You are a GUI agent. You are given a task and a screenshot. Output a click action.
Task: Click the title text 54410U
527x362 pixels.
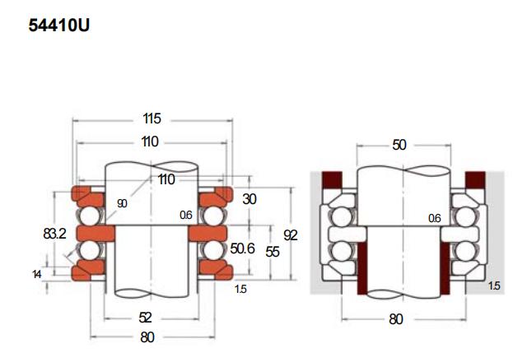(58, 26)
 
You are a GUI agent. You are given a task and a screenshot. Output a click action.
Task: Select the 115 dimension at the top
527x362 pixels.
(150, 118)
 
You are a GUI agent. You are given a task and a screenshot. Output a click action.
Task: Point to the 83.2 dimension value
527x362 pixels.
(55, 234)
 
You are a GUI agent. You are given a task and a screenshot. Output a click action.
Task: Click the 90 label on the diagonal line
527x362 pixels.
(122, 203)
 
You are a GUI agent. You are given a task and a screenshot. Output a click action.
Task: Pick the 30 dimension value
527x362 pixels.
(250, 199)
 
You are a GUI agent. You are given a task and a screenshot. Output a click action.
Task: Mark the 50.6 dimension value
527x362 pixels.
(241, 248)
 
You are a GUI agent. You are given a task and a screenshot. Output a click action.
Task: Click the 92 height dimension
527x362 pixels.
(289, 235)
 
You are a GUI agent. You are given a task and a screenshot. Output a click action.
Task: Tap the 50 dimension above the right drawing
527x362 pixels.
(399, 145)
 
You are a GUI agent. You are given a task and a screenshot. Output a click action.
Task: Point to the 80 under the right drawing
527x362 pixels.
(396, 318)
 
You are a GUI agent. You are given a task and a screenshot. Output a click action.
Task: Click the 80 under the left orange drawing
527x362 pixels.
(149, 336)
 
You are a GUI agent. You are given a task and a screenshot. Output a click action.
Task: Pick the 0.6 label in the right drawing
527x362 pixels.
(436, 218)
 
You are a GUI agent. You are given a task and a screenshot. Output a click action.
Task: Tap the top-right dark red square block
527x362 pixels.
(475, 179)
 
